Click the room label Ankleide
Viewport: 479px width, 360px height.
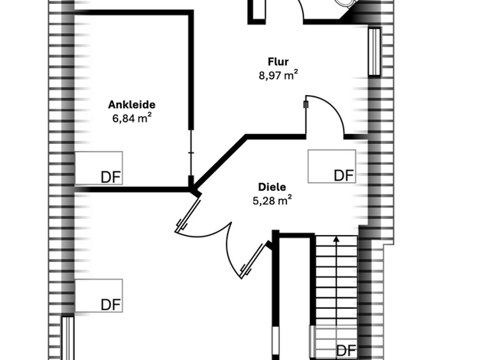pyautogui.click(x=132, y=105)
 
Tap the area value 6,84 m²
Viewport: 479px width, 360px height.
pyautogui.click(x=132, y=118)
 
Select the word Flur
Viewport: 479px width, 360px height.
pyautogui.click(x=278, y=61)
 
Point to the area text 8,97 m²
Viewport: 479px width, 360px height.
pyautogui.click(x=279, y=75)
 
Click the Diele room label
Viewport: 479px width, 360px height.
pyautogui.click(x=272, y=187)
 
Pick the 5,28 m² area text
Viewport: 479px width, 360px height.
pyautogui.click(x=272, y=201)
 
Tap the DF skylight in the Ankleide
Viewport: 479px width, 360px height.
pyautogui.click(x=99, y=168)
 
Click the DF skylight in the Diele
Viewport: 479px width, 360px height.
pyautogui.click(x=332, y=166)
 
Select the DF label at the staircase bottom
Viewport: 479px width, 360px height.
pyautogui.click(x=346, y=351)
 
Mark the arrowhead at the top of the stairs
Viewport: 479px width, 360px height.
pyautogui.click(x=337, y=239)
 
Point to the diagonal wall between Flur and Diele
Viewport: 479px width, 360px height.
pyautogui.click(x=220, y=162)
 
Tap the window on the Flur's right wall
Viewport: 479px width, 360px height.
pyautogui.click(x=374, y=51)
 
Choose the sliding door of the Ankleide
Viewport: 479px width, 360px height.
pyautogui.click(x=191, y=152)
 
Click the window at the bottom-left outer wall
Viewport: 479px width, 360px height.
pyautogui.click(x=68, y=338)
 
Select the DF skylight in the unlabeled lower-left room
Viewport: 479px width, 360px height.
pyautogui.click(x=99, y=296)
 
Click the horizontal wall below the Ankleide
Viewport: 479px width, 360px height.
pyautogui.click(x=132, y=190)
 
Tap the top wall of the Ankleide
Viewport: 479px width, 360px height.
pyautogui.click(x=134, y=12)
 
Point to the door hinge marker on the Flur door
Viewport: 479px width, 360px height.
pyautogui.click(x=306, y=105)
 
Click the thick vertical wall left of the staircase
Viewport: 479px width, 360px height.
pyautogui.click(x=275, y=295)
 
